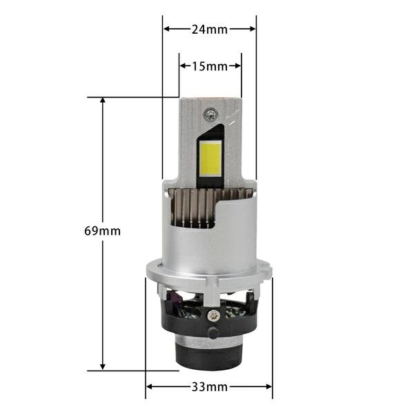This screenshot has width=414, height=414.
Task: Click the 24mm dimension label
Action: pyautogui.click(x=209, y=29)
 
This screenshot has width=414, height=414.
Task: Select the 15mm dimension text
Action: pyautogui.click(x=210, y=66)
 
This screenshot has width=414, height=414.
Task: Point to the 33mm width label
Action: pyautogui.click(x=210, y=387)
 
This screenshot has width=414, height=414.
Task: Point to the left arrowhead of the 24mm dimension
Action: pyautogui.click(x=166, y=29)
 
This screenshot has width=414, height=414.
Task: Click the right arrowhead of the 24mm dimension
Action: pyautogui.click(x=253, y=29)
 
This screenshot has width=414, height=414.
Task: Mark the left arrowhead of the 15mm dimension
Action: pyautogui.click(x=183, y=66)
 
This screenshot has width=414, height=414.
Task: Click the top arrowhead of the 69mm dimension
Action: pyautogui.click(x=102, y=100)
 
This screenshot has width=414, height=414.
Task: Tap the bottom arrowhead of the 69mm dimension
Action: pyautogui.click(x=102, y=368)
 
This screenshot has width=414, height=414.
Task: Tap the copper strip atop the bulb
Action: pyautogui.click(x=210, y=97)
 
